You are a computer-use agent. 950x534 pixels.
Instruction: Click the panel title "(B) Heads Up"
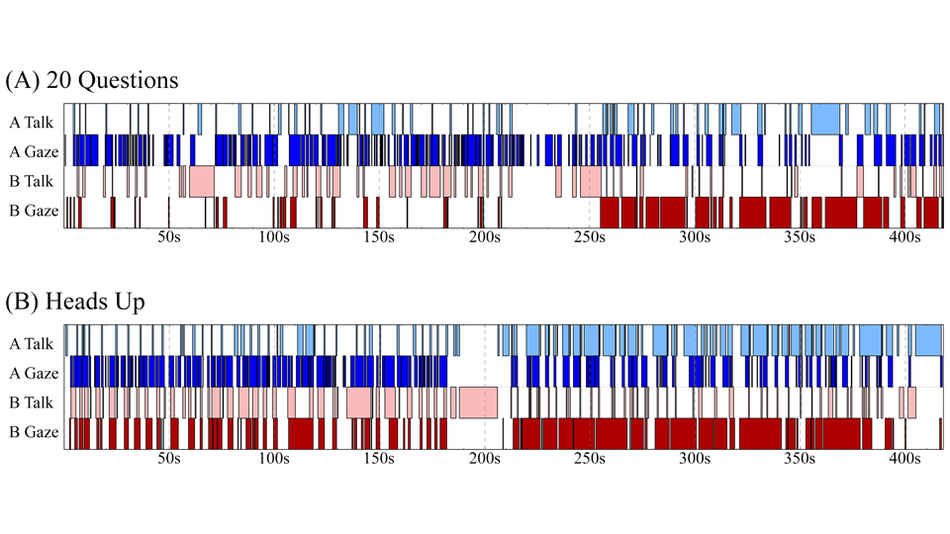[75, 302]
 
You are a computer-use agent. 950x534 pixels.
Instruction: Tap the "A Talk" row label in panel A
[32, 123]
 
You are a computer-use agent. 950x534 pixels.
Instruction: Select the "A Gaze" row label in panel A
[32, 151]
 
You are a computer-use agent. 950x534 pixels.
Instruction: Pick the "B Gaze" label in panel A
[32, 210]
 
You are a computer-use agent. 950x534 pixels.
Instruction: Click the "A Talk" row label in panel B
[32, 344]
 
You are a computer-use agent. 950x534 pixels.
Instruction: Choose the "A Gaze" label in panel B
[32, 373]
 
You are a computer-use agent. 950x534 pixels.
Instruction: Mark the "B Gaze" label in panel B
[32, 431]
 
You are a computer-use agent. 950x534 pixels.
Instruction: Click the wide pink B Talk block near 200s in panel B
[478, 402]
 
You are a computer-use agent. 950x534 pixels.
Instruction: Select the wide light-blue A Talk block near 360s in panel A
[825, 120]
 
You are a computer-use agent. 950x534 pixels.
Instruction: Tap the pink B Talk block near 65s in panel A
[201, 181]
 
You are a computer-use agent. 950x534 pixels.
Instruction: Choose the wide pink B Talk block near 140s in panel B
[358, 402]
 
